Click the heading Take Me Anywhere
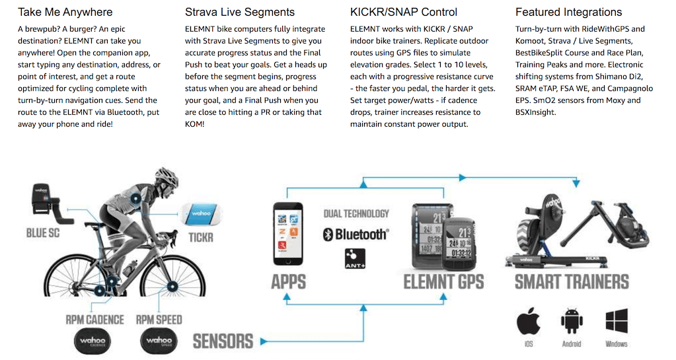65,12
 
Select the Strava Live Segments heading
240,12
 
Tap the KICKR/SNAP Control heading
403,12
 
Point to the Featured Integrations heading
568,12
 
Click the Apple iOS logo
529,322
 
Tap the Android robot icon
572,322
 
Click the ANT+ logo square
356,258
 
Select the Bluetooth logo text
356,234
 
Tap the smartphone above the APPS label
288,234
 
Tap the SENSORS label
223,341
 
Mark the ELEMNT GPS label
444,282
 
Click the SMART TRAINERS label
572,282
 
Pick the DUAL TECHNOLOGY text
356,214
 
